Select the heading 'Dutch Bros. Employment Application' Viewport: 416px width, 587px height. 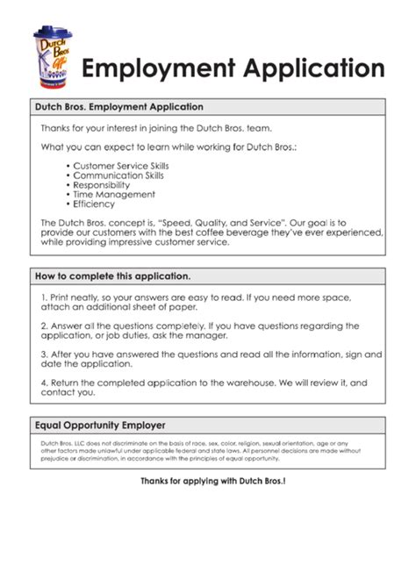[x=118, y=107]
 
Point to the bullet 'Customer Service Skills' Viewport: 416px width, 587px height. [x=120, y=165]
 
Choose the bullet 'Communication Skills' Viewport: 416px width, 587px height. [x=118, y=175]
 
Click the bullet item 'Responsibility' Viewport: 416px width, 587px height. [x=102, y=184]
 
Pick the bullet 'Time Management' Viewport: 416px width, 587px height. [x=114, y=194]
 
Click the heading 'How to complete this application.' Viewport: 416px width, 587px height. [x=112, y=276]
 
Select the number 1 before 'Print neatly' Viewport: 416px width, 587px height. [x=43, y=298]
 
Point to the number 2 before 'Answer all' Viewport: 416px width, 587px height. [x=43, y=326]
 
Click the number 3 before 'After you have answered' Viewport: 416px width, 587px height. [x=43, y=354]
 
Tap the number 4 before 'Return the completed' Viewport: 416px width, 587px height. [x=43, y=383]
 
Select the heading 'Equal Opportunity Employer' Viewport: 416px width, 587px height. [x=100, y=425]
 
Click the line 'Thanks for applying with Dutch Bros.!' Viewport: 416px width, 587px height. [x=212, y=482]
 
